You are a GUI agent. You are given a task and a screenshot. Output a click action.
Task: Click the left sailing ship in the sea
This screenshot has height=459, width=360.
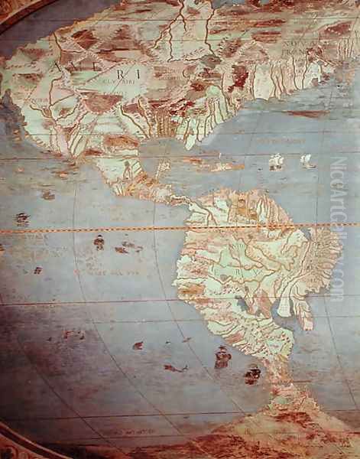click(276, 161)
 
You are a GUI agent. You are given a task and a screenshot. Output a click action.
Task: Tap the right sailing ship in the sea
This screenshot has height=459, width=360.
click(307, 161)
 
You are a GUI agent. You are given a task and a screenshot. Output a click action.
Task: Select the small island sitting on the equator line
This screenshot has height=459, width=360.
click(22, 219)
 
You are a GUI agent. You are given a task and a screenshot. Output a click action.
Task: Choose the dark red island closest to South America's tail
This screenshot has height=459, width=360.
click(252, 375)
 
